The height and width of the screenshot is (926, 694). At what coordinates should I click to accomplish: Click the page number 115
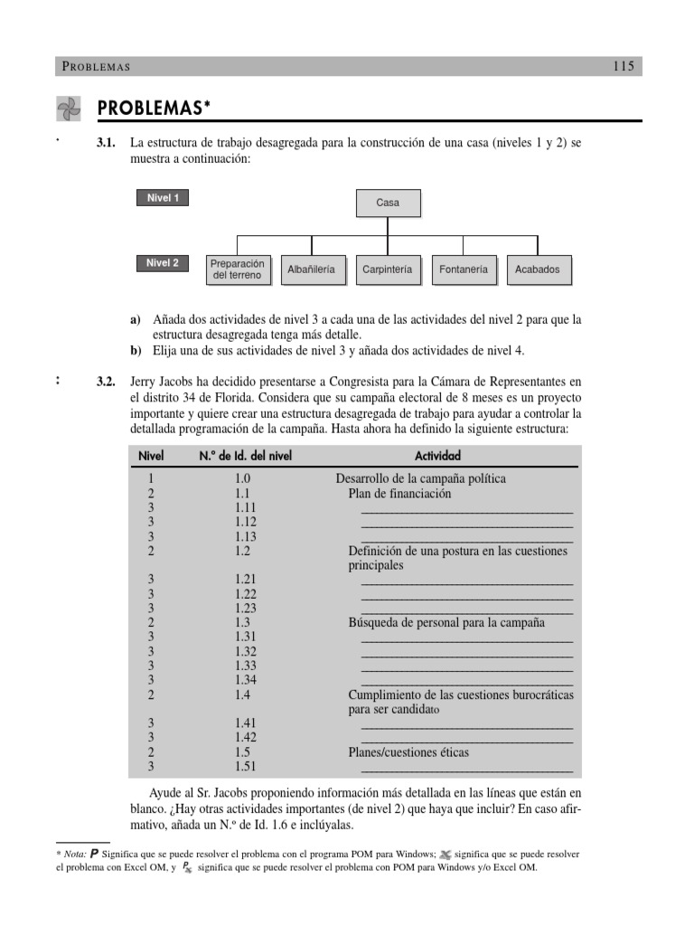coord(624,66)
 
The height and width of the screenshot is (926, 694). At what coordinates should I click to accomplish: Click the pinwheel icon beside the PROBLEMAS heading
coord(69,109)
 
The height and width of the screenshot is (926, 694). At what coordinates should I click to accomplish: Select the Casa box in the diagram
coord(388,203)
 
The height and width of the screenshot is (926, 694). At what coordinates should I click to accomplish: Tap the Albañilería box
coord(312,269)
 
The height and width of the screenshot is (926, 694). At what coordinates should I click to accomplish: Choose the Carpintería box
coord(387,269)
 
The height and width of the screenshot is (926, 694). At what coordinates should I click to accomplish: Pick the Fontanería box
coord(463,269)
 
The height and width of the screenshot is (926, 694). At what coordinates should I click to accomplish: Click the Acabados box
coord(538,269)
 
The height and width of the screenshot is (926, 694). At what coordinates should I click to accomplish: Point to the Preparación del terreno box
coord(237,269)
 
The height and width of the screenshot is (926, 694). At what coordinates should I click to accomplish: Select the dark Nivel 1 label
coord(163,198)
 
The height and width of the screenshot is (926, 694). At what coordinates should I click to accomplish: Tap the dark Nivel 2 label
coord(163,263)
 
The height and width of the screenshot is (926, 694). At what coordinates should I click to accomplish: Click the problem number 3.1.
coord(107,144)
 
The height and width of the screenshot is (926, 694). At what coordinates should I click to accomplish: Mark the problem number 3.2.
coord(107,383)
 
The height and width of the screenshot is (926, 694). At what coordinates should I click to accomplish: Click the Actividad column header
coord(437,456)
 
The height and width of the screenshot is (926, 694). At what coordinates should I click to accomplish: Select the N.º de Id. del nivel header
coord(246,456)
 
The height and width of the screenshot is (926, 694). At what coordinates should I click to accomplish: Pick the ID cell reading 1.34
coord(245,680)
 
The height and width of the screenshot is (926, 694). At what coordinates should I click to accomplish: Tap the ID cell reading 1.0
coord(242,479)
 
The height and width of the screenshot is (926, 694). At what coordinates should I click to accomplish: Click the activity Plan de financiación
coord(399,494)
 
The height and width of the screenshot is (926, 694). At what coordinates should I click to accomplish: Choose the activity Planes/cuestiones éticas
coord(408,752)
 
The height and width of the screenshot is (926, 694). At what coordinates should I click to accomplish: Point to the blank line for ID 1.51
coord(466,768)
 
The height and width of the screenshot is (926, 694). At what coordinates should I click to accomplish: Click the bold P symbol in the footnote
coord(94,853)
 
